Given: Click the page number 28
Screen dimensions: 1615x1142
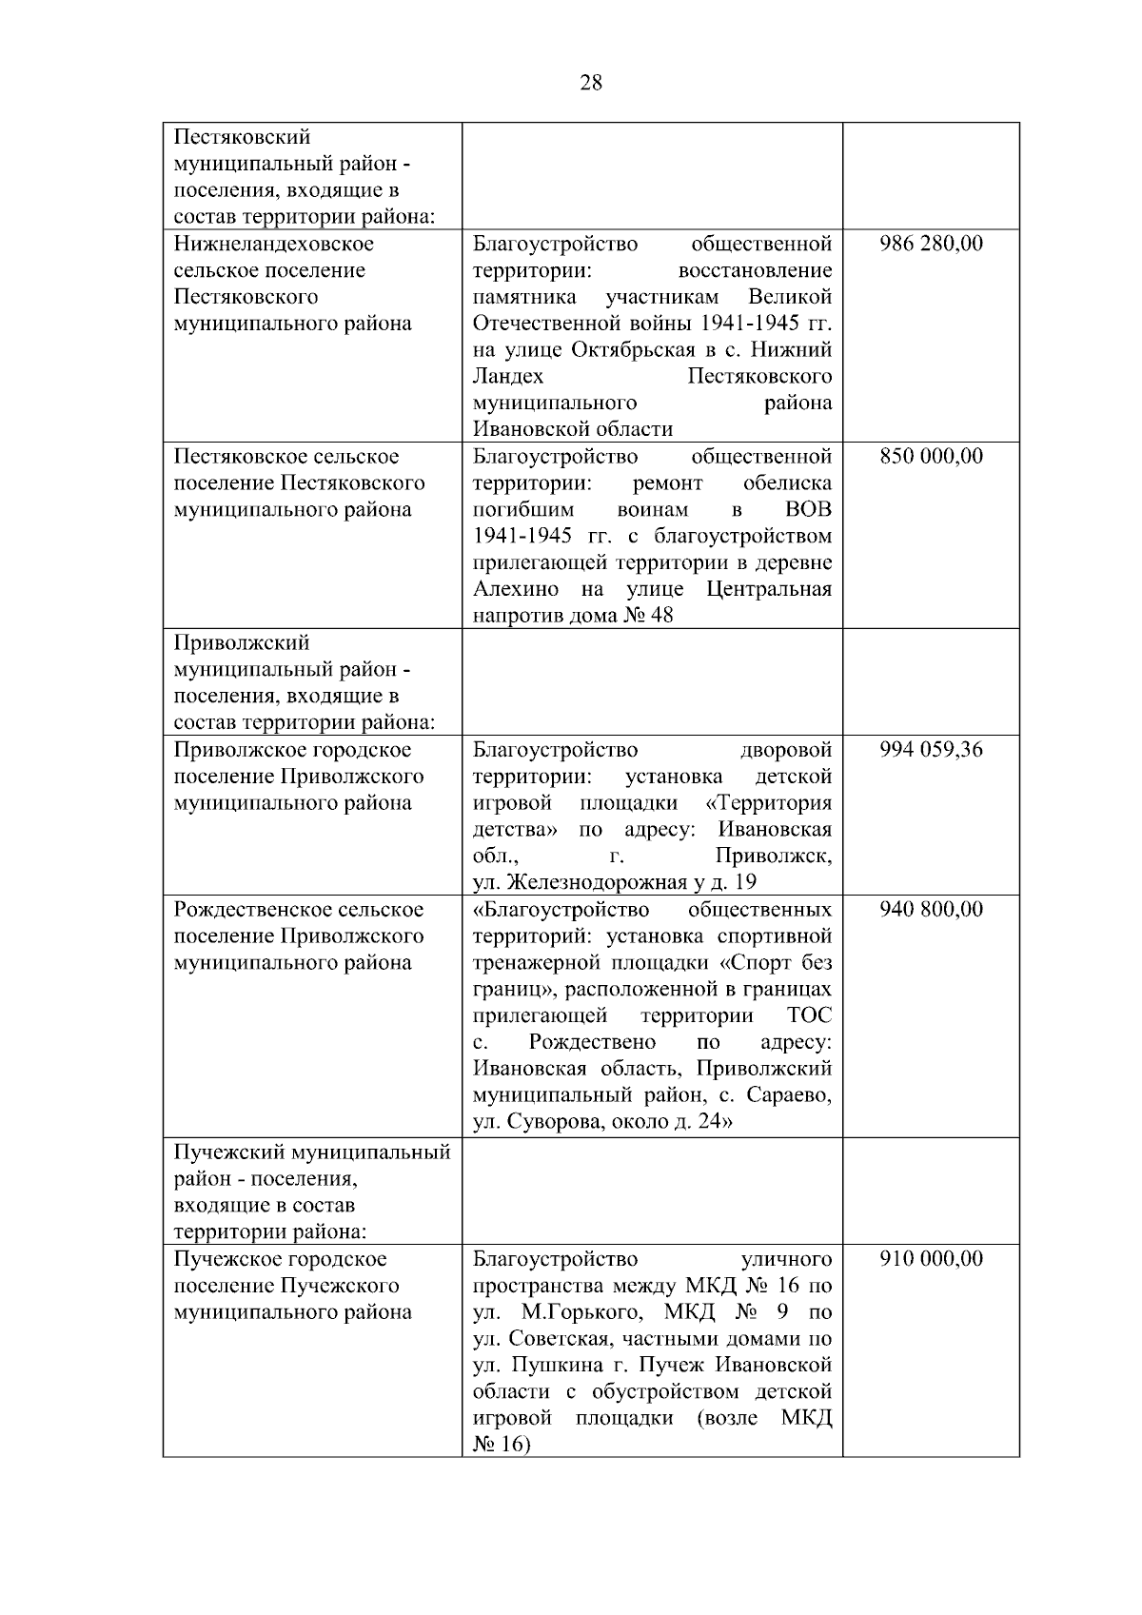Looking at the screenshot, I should pyautogui.click(x=590, y=83).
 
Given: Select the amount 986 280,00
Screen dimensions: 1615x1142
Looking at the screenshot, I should pyautogui.click(x=931, y=244).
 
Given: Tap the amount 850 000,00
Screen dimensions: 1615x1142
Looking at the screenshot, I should pyautogui.click(x=931, y=457).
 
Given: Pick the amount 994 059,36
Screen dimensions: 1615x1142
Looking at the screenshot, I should pyautogui.click(x=931, y=750).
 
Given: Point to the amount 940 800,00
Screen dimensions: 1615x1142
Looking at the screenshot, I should pyautogui.click(x=931, y=910).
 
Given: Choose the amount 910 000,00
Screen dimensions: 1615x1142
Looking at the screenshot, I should pyautogui.click(x=931, y=1260).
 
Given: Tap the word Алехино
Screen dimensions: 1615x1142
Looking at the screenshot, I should pyautogui.click(x=516, y=589).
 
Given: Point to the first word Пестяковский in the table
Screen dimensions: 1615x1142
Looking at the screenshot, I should pyautogui.click(x=242, y=138).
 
